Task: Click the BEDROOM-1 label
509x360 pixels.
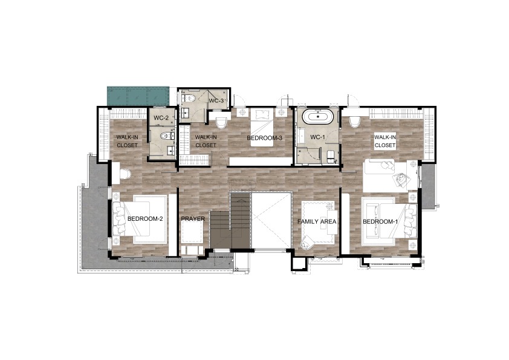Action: [x=380, y=222]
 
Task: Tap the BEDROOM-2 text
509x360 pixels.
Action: [x=144, y=218]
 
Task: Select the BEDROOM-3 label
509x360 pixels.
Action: [x=265, y=138]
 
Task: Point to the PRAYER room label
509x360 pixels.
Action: [x=193, y=218]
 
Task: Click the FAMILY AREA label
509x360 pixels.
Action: [x=317, y=221]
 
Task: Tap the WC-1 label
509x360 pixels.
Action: [x=317, y=137]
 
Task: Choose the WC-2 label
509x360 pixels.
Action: [x=161, y=118]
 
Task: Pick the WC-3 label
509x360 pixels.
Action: [x=216, y=100]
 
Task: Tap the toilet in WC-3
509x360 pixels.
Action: [x=190, y=97]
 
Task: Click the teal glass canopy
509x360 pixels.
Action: [x=138, y=96]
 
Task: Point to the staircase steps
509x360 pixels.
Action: [x=230, y=220]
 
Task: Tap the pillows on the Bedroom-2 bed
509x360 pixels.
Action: [x=117, y=218]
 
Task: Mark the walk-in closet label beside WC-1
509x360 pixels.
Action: [x=385, y=141]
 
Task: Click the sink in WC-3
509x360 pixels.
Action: [x=186, y=113]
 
